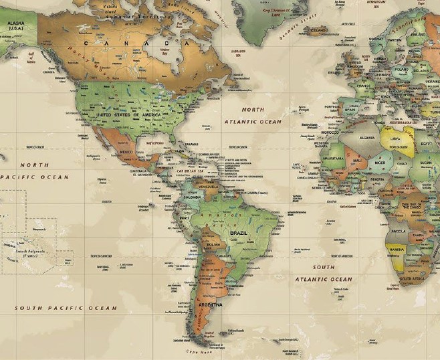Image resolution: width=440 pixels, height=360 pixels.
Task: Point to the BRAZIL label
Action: click(239, 233)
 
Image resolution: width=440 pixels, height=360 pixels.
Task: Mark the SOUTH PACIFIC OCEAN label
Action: click(66, 308)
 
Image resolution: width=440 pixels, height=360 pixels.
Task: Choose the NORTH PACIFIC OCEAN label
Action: click(33, 171)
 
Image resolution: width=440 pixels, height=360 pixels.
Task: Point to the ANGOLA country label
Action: click(398, 231)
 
